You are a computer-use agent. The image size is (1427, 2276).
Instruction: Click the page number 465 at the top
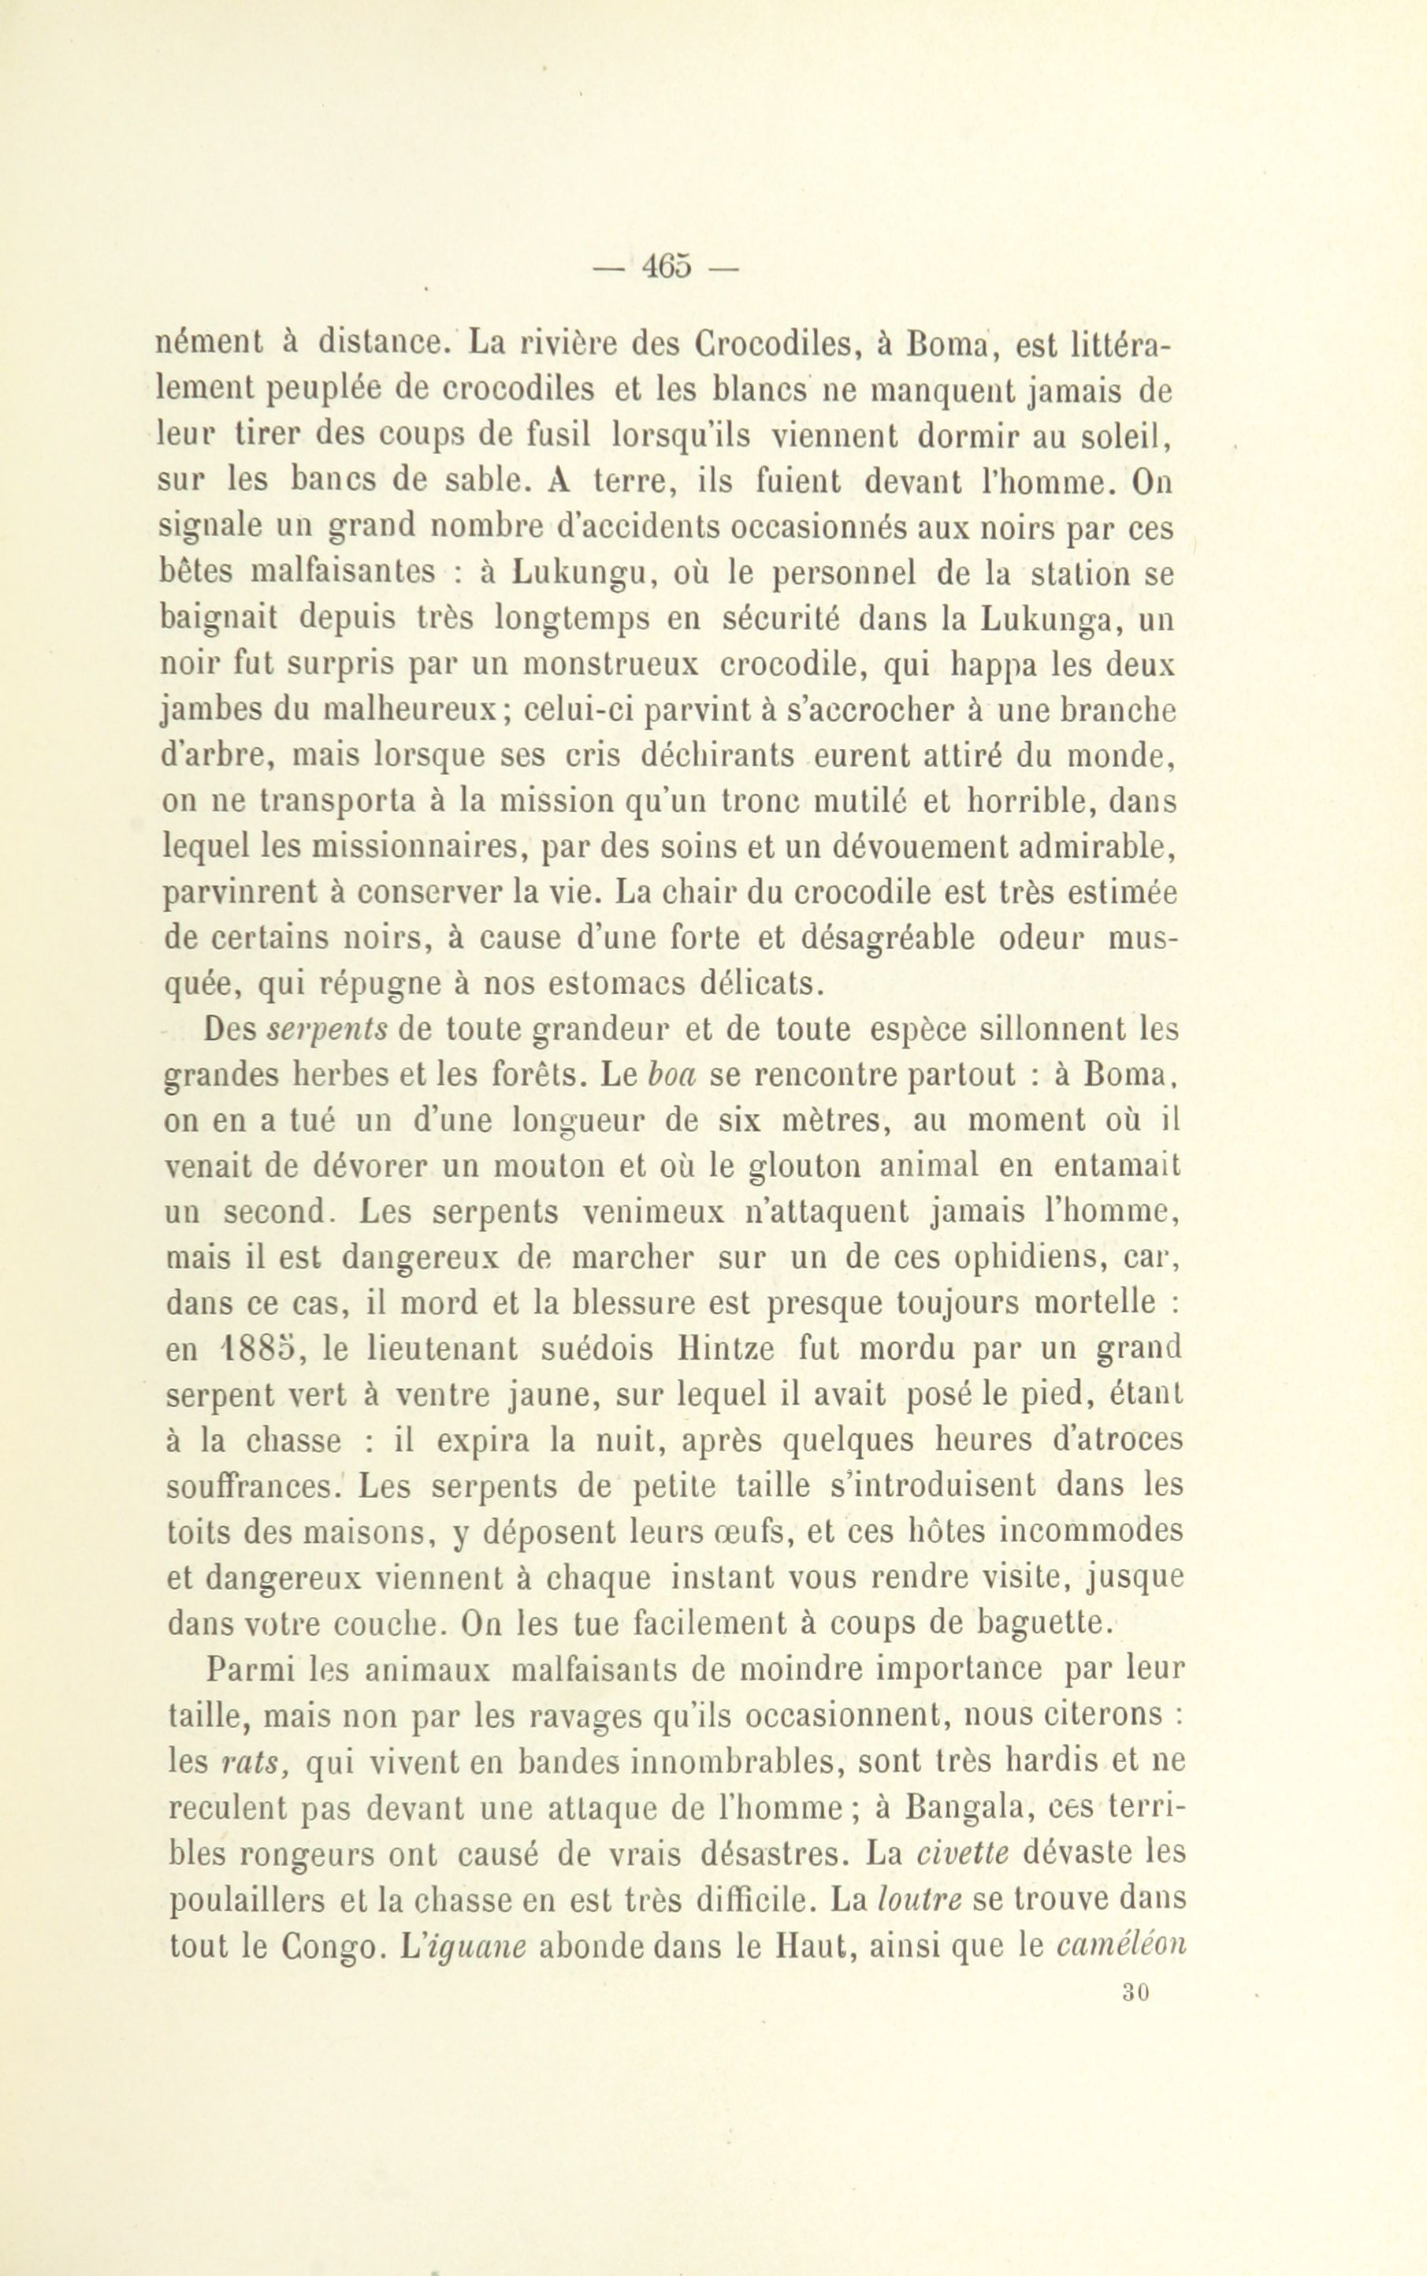[x=667, y=268]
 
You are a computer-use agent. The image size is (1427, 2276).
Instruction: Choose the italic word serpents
[x=326, y=1029]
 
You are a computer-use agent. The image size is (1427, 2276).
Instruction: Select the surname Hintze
[x=725, y=1349]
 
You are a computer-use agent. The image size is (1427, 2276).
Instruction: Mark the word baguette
[x=1044, y=1625]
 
